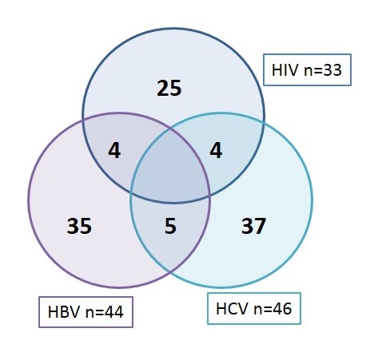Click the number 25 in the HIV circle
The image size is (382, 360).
pyautogui.click(x=169, y=88)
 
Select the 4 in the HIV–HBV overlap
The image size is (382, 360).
pyautogui.click(x=114, y=151)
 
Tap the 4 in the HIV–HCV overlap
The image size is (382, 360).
pyautogui.click(x=216, y=151)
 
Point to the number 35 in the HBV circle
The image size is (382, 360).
pyautogui.click(x=79, y=226)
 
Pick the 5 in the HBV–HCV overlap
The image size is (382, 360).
pyautogui.click(x=170, y=226)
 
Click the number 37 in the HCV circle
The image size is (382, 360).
pyautogui.click(x=253, y=226)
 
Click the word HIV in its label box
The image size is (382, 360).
pyautogui.click(x=285, y=70)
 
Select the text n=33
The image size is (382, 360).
pyautogui.click(x=323, y=70)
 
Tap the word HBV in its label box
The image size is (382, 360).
pyautogui.click(x=64, y=312)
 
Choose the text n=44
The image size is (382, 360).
pyautogui.click(x=105, y=312)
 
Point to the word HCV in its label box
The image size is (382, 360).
pyautogui.click(x=232, y=309)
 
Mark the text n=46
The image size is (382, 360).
pyautogui.click(x=273, y=309)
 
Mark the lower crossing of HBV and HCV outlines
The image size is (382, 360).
pyautogui.click(x=170, y=271)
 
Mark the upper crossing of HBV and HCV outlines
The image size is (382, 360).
pyautogui.click(x=170, y=129)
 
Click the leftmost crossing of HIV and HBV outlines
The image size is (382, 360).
pyautogui.click(x=83, y=120)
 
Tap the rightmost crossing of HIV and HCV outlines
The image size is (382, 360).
pyautogui.click(x=264, y=123)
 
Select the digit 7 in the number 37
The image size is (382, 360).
pyautogui.click(x=260, y=226)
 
